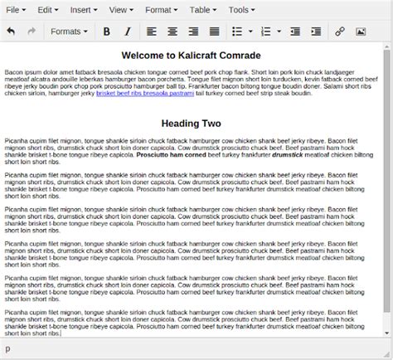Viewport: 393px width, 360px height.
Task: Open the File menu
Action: (17, 10)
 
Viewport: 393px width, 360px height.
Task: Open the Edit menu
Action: (47, 10)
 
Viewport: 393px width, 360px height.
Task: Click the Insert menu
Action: (84, 10)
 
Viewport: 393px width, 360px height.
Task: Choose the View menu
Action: (121, 10)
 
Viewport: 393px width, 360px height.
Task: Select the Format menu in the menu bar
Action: (161, 10)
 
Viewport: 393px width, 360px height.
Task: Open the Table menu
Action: (202, 10)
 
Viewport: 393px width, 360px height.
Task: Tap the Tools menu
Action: (242, 10)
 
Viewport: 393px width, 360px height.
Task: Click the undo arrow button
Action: (11, 32)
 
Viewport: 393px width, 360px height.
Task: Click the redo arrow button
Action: (32, 32)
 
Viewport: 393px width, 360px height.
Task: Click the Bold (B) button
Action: (106, 32)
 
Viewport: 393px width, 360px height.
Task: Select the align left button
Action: (152, 32)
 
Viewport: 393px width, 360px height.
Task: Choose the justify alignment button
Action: (215, 32)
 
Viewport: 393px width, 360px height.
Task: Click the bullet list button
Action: (237, 32)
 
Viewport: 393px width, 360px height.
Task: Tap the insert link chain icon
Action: (339, 32)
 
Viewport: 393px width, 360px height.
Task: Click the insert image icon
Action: (361, 32)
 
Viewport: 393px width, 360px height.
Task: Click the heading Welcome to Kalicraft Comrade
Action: (191, 56)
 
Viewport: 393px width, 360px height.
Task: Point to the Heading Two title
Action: (191, 124)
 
